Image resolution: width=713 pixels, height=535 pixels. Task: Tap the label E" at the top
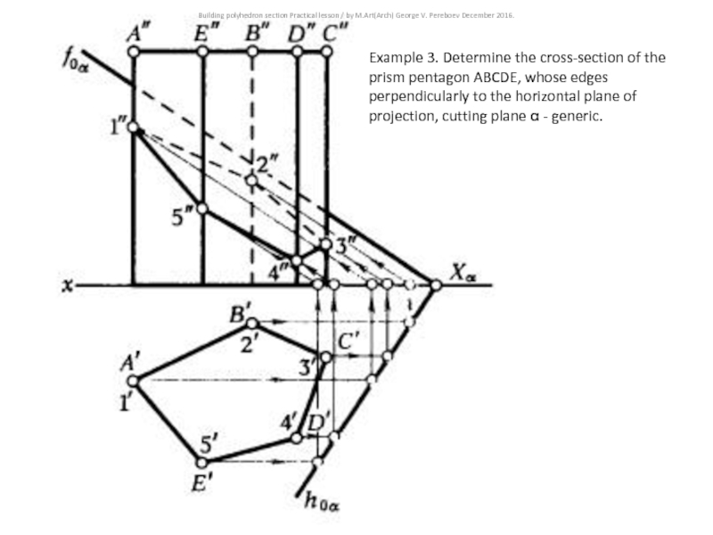point(207,34)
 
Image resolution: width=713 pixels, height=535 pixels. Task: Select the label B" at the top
point(257,34)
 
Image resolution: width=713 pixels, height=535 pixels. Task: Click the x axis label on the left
point(67,285)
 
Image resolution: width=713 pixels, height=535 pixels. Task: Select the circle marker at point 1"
point(133,128)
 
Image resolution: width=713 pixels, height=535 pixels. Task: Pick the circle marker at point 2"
point(251,180)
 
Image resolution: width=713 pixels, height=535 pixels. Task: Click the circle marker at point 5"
point(202,209)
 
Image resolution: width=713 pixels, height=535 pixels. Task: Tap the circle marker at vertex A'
point(132,380)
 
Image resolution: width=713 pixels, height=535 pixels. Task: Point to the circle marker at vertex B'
point(251,322)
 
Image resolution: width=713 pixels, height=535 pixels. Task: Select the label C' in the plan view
point(348,340)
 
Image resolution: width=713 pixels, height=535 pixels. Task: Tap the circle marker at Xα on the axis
point(436,285)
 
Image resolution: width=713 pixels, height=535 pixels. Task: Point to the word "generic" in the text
point(576,116)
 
